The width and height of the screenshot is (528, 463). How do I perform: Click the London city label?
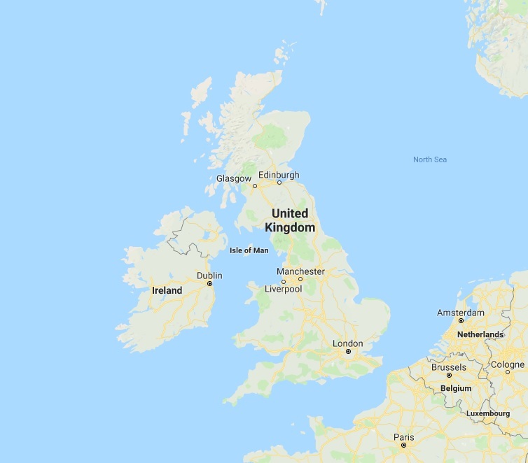pos(348,343)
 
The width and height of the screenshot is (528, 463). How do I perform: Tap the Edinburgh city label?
pos(278,175)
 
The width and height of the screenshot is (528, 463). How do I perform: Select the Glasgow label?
pos(233,178)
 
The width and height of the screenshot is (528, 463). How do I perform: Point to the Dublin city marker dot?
pos(209,284)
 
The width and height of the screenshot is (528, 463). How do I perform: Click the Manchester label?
pos(300,271)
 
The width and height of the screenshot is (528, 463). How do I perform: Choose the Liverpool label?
pos(283,289)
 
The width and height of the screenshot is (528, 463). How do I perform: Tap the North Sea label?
pos(429,159)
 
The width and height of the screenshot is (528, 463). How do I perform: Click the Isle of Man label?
pos(249,250)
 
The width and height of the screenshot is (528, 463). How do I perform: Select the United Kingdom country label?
pos(290,220)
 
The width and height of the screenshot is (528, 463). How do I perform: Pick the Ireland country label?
pos(167,290)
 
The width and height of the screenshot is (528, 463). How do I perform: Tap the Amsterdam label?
pos(461,313)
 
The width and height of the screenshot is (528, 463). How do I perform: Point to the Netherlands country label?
pos(480,334)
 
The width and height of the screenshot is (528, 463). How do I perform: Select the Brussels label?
pos(449,367)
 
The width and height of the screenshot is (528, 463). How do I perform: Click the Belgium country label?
pos(456,388)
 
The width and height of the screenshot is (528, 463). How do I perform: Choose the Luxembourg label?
pos(488,413)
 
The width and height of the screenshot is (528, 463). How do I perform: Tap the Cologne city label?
pos(508,364)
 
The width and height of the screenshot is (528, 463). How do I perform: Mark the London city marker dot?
pos(348,352)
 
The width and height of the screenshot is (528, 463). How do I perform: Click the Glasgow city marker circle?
pos(255,186)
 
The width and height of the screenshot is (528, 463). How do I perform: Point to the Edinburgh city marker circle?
pos(279,183)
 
